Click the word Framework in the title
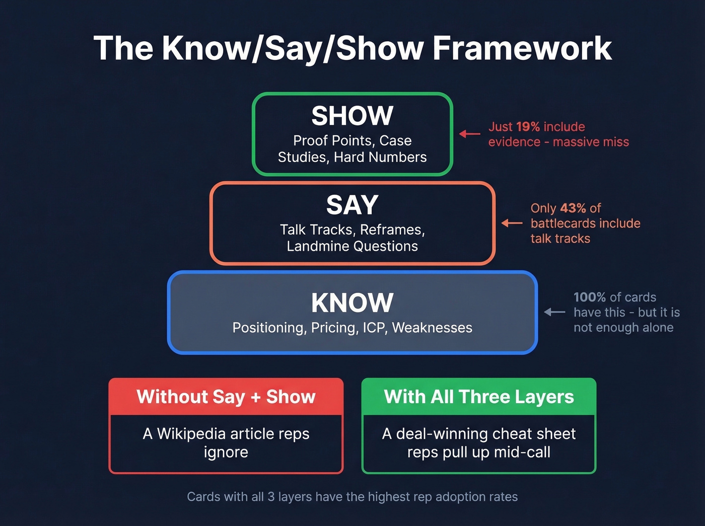[522, 48]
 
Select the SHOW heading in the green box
[352, 116]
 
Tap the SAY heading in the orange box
[352, 205]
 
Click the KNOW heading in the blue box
[352, 303]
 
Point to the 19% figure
[528, 127]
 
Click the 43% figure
[573, 208]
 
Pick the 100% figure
[590, 297]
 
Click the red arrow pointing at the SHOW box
[469, 134]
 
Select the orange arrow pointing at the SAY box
[512, 223]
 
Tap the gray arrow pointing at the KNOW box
[554, 312]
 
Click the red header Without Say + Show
[226, 397]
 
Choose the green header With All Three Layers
[479, 397]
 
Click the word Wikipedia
[191, 433]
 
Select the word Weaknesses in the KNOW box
[432, 328]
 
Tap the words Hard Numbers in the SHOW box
[380, 157]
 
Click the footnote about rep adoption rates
[352, 497]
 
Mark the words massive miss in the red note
[591, 142]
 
